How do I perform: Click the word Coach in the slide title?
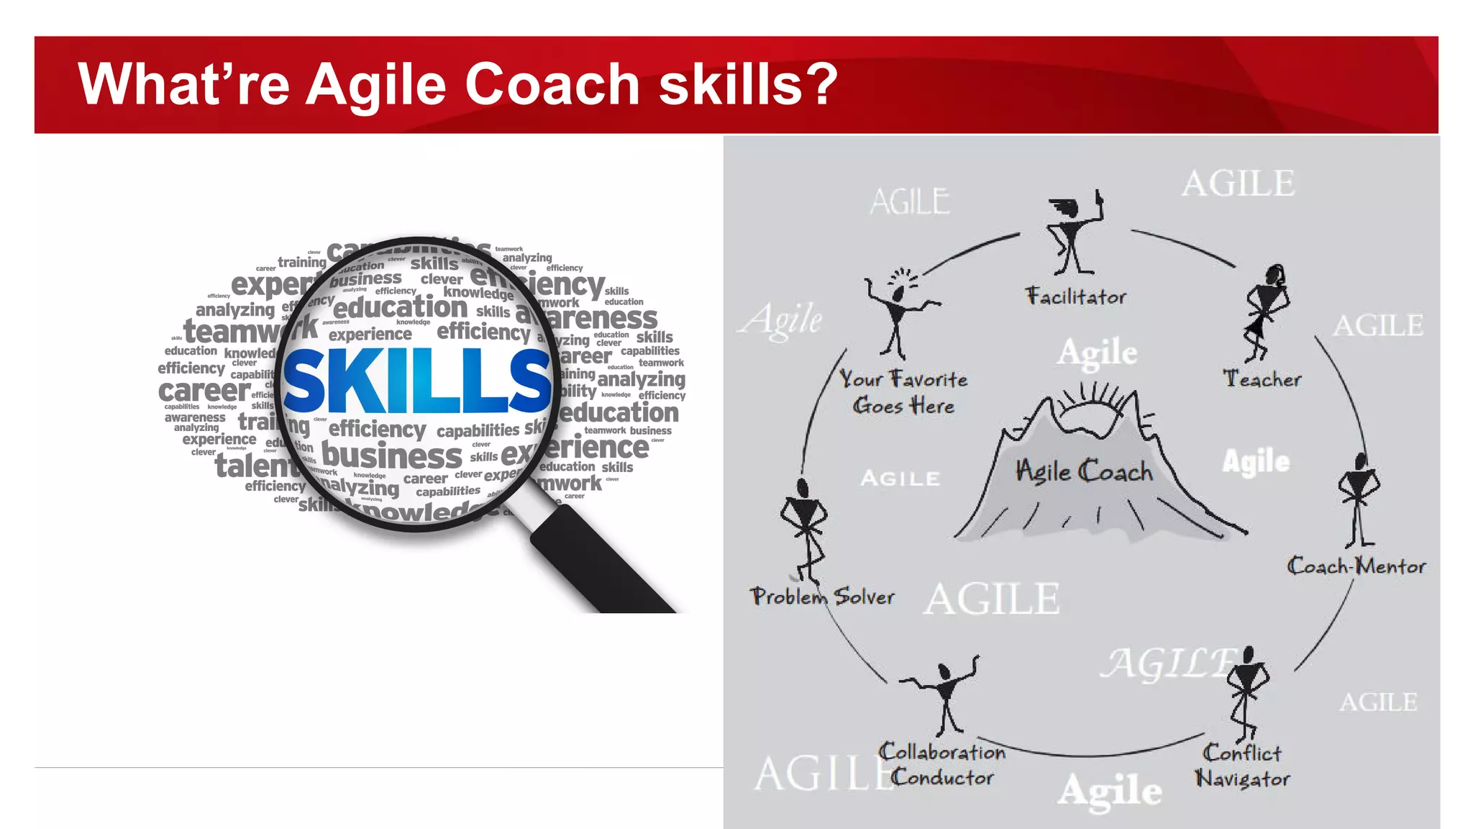point(552,84)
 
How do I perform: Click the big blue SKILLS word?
point(417,381)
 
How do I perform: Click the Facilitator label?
point(1076,296)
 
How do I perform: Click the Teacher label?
point(1262,379)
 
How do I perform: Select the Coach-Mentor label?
point(1356,566)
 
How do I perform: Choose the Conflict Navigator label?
point(1242,766)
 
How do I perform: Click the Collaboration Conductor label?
point(942,765)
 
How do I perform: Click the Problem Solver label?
point(822,597)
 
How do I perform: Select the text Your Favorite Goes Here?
point(903,392)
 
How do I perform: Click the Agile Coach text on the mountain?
point(1084,471)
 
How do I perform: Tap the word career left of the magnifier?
point(204,391)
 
